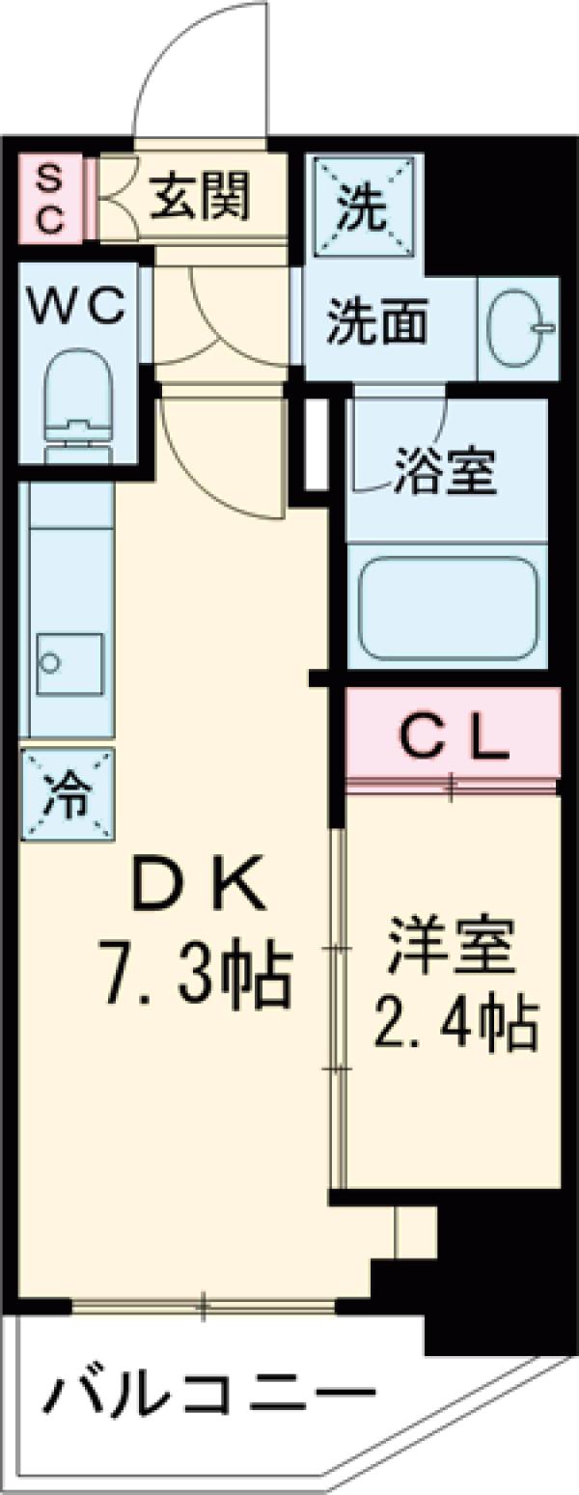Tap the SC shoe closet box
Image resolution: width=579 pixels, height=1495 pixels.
(x=50, y=200)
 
